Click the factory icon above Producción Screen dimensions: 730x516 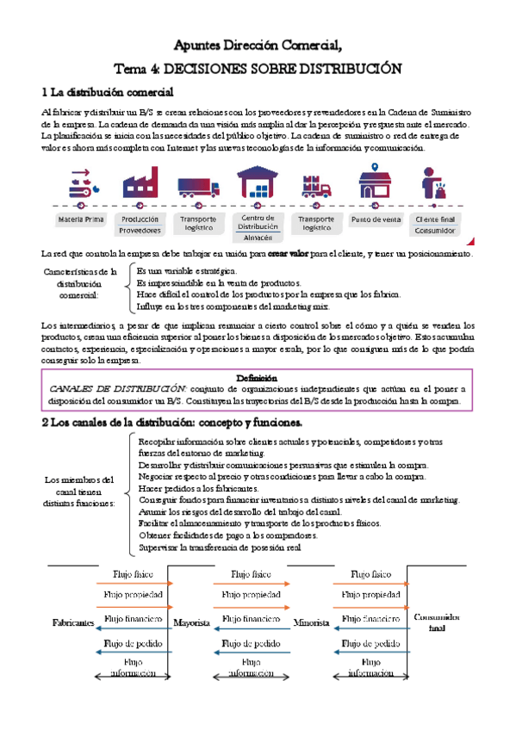pos(140,183)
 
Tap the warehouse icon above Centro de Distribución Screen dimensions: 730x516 pos(258,183)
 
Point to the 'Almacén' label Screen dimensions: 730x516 pos(258,237)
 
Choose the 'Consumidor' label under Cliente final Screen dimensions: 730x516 pos(436,231)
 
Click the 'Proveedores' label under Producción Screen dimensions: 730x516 pos(140,231)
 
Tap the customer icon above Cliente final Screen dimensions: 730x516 pos(434,183)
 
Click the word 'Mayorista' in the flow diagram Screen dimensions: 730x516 pos(191,622)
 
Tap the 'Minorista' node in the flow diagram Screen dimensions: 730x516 pos(311,622)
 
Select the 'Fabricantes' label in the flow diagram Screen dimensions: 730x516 pos(73,622)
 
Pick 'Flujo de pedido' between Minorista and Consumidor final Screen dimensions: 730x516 pos(370,642)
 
